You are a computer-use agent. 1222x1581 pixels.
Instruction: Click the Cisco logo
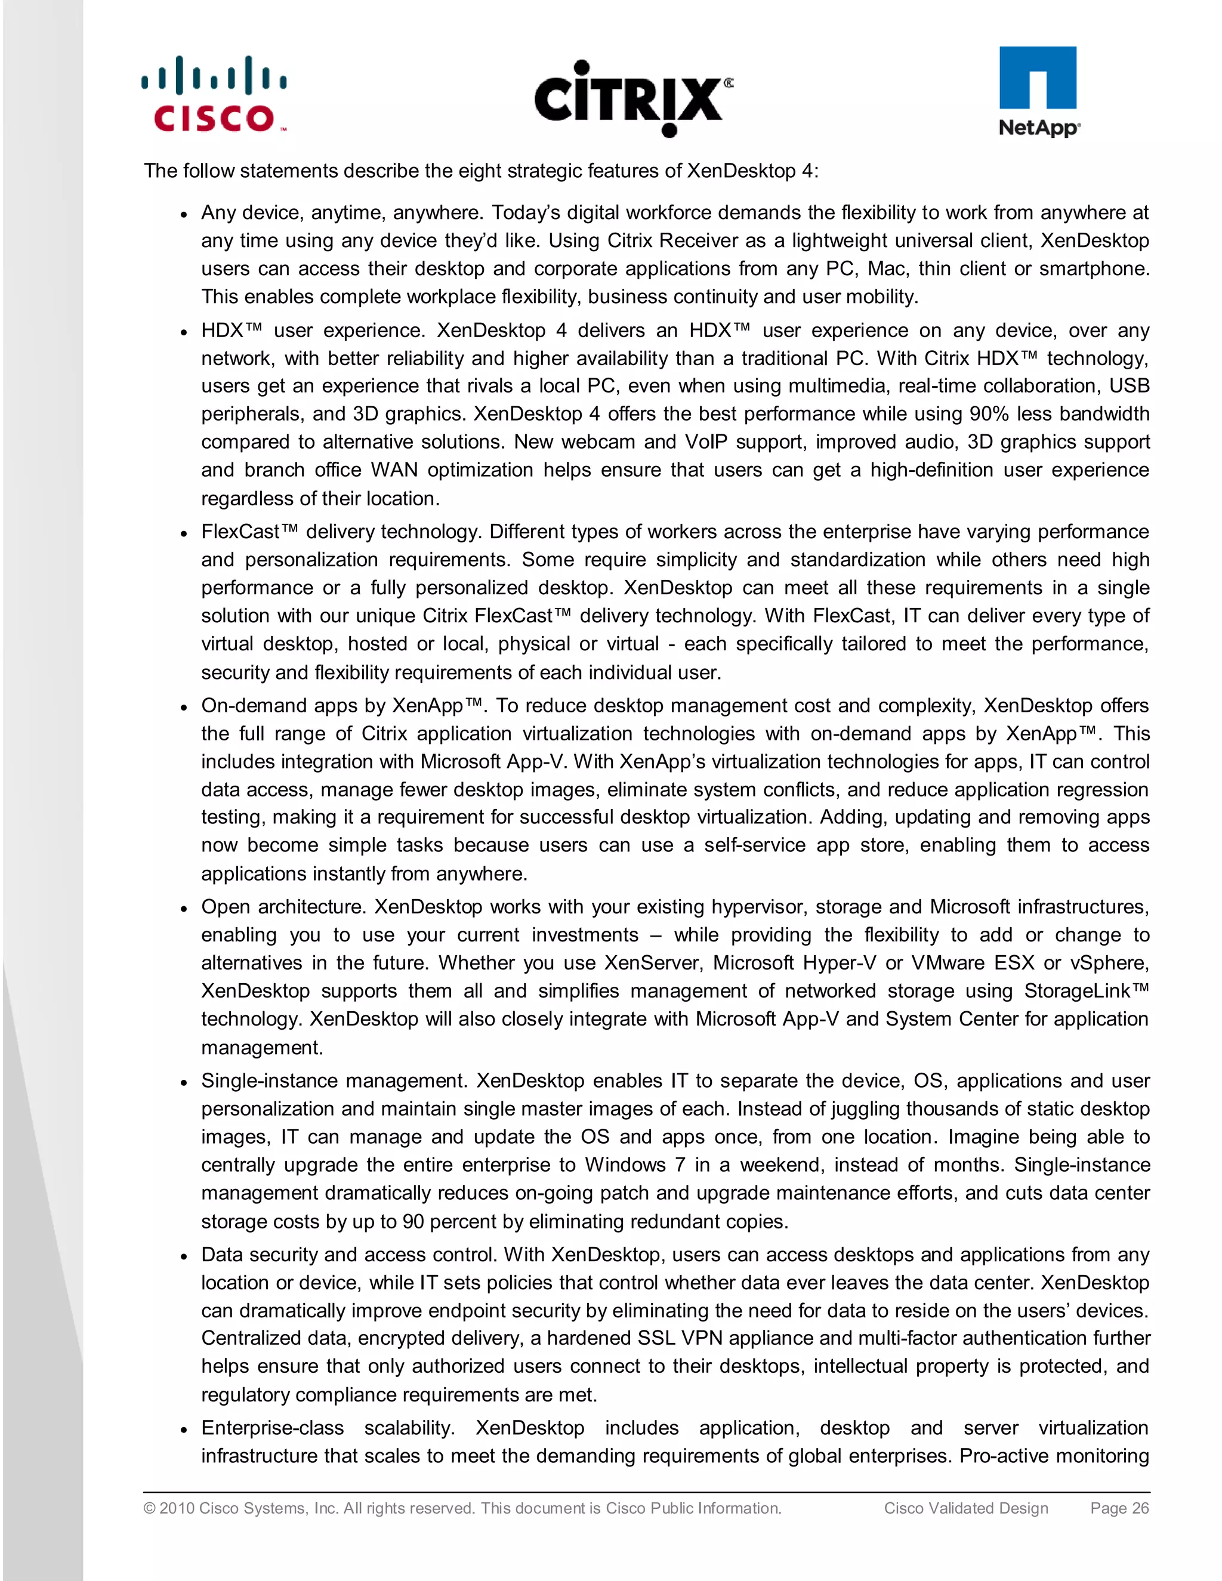point(214,95)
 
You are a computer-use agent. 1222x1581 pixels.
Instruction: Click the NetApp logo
point(1038,91)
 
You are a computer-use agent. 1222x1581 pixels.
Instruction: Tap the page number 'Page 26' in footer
point(1119,1508)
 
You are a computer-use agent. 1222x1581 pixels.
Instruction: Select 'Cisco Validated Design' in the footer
point(966,1508)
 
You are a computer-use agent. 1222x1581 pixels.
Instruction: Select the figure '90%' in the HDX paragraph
point(989,414)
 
